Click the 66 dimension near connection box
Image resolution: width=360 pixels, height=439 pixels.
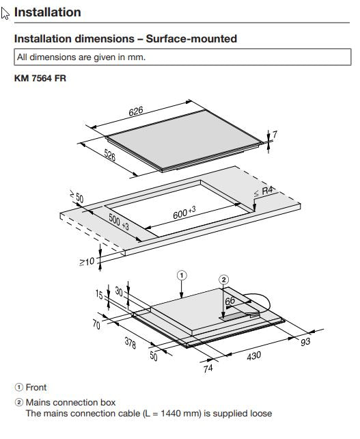(x=231, y=300)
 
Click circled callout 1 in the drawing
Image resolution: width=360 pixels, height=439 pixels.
(x=182, y=276)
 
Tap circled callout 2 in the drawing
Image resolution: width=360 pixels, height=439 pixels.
(x=223, y=279)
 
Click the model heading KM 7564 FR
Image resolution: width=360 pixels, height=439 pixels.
(x=40, y=79)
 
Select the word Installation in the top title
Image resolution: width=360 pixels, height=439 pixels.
(x=47, y=12)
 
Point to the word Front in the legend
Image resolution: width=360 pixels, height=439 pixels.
(x=36, y=387)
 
